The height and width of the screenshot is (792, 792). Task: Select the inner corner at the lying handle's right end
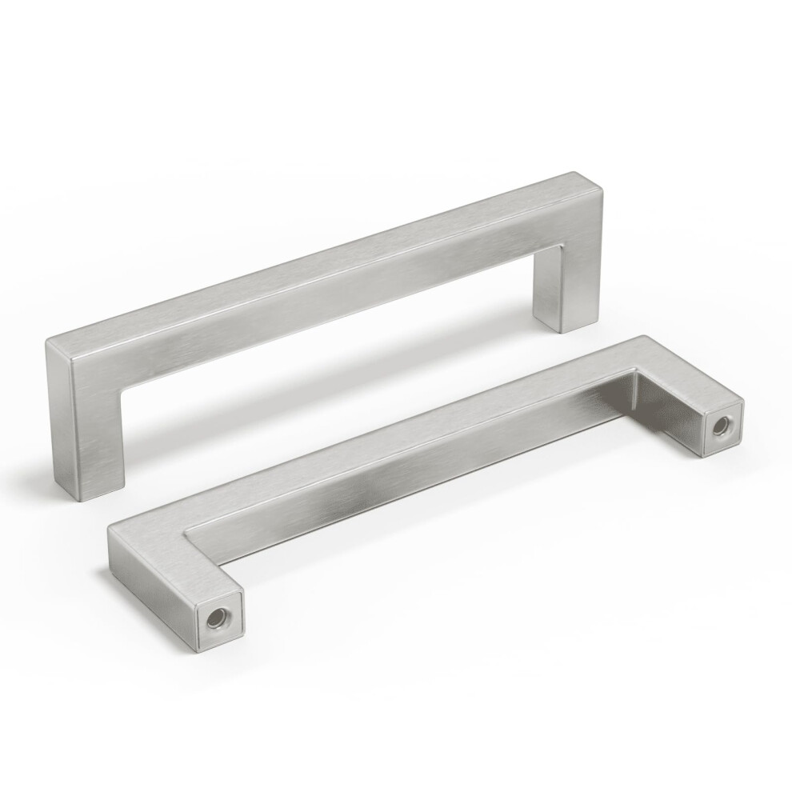(637, 370)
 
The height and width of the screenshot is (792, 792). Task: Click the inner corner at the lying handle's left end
(186, 530)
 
